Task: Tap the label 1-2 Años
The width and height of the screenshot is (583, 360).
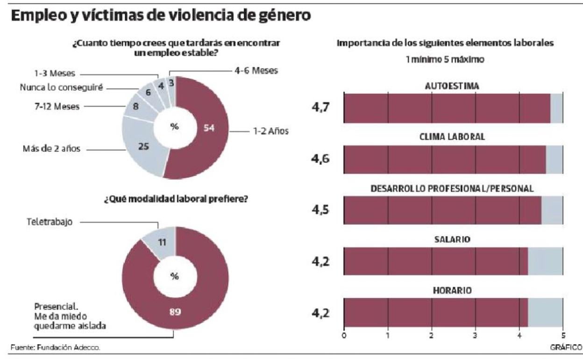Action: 271,131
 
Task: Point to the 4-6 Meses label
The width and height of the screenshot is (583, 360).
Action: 256,71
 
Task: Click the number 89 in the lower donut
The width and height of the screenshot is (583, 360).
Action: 175,312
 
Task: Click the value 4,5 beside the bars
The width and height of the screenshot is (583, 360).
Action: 321,210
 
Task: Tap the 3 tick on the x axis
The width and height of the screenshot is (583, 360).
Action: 476,335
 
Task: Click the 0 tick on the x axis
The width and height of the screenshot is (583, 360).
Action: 344,335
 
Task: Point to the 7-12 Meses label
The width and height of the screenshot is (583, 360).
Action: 57,107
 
